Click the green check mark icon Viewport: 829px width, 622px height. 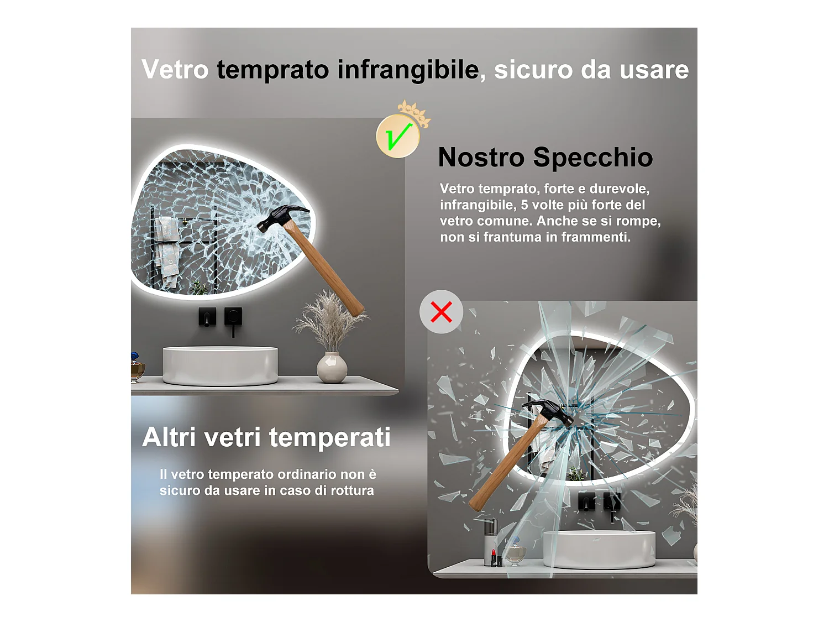pos(398,136)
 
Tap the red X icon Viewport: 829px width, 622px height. pos(441,312)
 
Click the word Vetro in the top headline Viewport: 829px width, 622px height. pos(175,70)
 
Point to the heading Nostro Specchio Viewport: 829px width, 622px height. pos(545,157)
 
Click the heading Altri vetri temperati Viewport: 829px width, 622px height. pos(266,437)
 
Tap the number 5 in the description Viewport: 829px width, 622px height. pos(524,205)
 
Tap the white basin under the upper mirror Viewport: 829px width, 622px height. pos(220,364)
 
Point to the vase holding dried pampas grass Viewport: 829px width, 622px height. pos(332,367)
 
